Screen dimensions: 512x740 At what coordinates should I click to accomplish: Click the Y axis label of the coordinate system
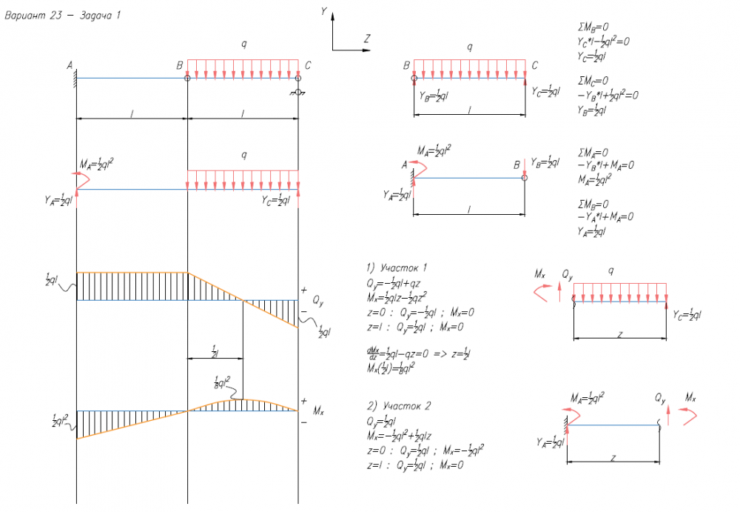click(324, 10)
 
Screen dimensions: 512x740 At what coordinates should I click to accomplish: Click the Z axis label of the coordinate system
click(367, 38)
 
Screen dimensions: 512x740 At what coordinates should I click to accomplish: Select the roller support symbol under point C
click(297, 91)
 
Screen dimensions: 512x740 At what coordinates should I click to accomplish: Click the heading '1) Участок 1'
click(397, 267)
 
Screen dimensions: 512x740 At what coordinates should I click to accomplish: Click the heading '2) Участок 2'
click(398, 406)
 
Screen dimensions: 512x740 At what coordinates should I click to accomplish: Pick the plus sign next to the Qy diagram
click(303, 289)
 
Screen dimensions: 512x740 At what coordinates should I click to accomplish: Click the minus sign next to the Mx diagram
click(303, 422)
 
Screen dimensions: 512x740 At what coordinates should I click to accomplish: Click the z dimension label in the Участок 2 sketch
click(613, 458)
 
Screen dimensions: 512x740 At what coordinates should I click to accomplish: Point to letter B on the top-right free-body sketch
click(406, 66)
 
